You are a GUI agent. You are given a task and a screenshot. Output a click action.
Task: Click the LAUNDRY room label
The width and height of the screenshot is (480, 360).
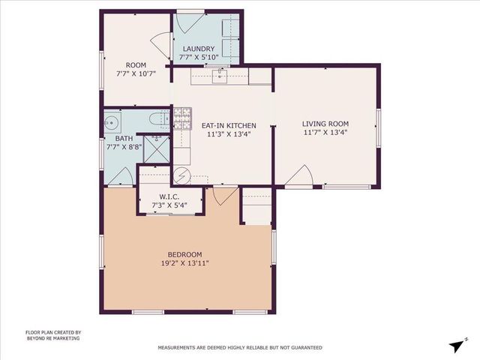[198, 49]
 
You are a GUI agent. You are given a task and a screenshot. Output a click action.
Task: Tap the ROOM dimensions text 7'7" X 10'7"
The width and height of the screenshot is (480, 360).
[136, 73]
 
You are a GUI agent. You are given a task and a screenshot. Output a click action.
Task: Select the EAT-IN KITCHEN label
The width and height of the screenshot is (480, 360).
[229, 125]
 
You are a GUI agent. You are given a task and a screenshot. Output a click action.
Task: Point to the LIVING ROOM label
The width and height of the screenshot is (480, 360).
[325, 124]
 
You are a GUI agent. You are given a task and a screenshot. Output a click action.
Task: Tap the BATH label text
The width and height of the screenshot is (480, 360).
[124, 139]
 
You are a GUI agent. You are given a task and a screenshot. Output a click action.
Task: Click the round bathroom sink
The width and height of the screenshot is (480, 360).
[114, 121]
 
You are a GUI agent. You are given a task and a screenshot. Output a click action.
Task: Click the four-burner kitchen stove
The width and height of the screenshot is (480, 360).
[182, 117]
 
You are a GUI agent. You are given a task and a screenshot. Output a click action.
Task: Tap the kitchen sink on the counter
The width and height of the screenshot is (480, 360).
[220, 75]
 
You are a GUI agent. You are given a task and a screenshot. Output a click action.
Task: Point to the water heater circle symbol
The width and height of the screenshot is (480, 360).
[181, 175]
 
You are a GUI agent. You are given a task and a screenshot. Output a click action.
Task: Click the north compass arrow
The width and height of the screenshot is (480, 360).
[457, 344]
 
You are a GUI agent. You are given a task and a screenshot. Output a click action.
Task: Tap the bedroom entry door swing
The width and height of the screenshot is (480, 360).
[222, 194]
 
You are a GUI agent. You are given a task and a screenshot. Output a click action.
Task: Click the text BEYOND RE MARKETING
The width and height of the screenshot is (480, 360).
[52, 338]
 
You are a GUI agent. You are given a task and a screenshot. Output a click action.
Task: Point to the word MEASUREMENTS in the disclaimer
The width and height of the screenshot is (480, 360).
[178, 348]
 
